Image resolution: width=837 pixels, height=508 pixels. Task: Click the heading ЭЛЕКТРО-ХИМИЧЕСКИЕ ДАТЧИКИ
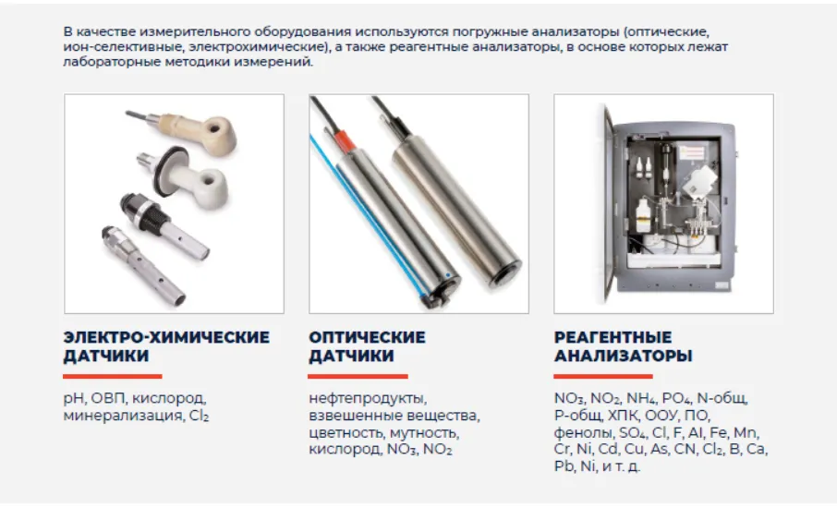click(x=166, y=346)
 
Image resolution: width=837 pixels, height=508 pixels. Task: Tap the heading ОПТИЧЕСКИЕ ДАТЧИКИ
click(x=368, y=346)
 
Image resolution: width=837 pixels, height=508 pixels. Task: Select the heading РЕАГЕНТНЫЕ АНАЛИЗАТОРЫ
click(x=623, y=346)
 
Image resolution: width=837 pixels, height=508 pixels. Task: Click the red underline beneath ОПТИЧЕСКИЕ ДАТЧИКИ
click(x=358, y=377)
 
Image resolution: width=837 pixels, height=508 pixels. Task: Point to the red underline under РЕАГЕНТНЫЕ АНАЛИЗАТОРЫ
click(x=603, y=377)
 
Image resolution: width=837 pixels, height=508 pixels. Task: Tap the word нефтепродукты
click(x=368, y=399)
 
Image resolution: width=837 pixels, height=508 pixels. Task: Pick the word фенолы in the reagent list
click(x=584, y=433)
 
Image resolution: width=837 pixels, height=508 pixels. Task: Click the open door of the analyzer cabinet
click(x=609, y=203)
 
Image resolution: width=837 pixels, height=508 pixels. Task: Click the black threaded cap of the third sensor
click(x=139, y=210)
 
